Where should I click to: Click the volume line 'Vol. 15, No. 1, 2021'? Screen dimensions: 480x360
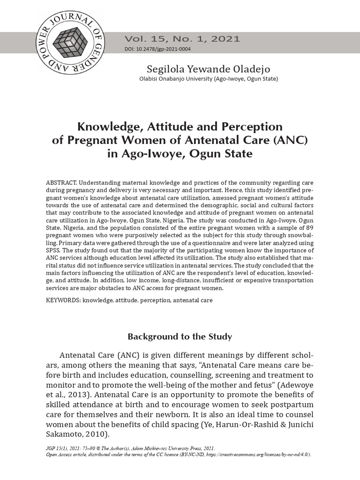pos(182,39)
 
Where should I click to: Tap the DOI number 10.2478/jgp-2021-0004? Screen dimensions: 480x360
pos(164,50)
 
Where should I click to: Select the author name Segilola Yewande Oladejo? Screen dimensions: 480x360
pos(209,69)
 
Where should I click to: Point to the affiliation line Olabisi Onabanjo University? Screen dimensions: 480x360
pos(209,79)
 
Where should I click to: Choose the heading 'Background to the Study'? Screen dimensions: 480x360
pos(180,337)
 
